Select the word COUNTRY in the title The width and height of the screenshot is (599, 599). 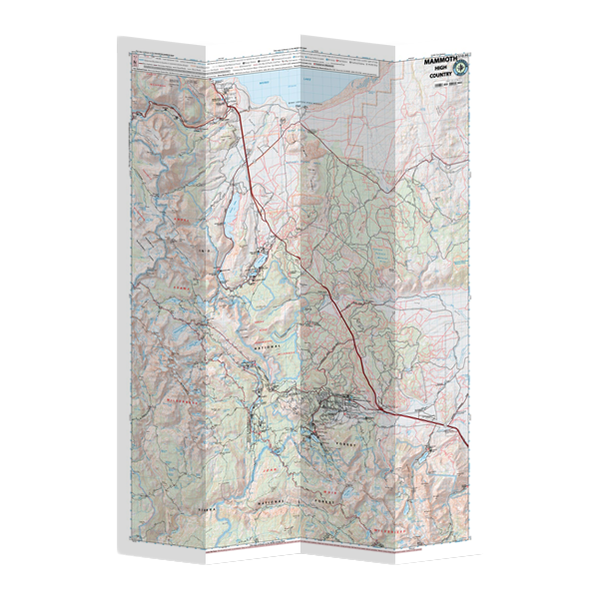(440, 81)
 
